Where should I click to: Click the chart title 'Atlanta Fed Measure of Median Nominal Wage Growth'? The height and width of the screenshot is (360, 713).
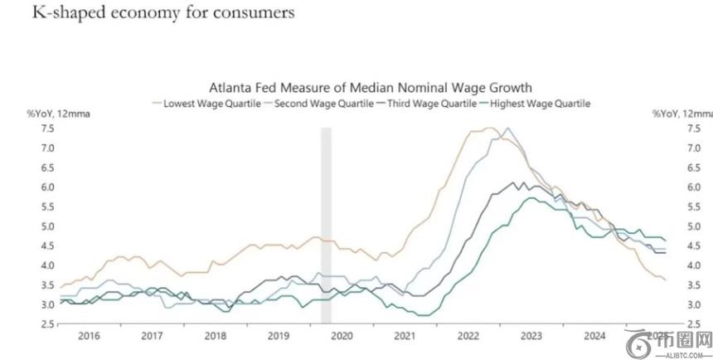370,87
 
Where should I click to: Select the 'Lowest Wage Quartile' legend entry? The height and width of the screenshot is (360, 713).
207,104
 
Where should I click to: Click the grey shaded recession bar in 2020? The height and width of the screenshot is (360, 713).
326,224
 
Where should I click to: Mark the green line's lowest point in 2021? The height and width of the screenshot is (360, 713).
423,315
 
